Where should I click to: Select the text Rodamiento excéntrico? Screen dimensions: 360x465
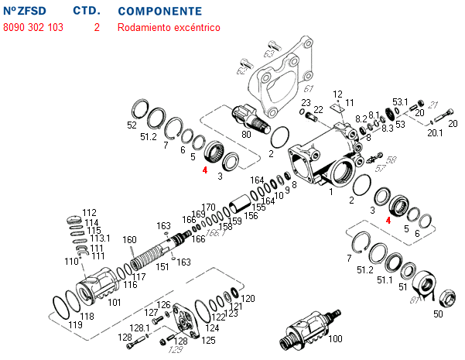pos(169,27)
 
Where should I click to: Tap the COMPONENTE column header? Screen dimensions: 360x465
pos(160,12)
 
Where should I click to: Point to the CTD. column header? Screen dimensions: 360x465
pos(87,12)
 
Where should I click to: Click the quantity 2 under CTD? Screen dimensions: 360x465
pos(97,27)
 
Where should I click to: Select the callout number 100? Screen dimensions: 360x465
pos(335,339)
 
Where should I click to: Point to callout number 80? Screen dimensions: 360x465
pos(246,134)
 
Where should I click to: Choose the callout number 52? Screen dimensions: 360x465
pos(132,124)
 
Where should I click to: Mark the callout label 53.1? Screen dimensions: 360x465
pos(399,101)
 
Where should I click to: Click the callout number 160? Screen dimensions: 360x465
pos(129,239)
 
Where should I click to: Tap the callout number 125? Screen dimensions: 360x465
pos(208,339)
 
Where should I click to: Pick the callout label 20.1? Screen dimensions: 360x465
pos(435,132)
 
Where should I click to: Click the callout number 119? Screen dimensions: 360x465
pos(75,325)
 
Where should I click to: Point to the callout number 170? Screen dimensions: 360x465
pos(208,207)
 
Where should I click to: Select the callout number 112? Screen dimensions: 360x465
pos(90,212)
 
